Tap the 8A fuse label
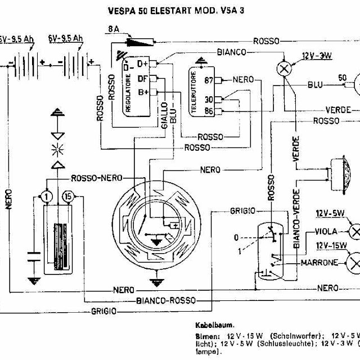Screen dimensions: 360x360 tap(112, 28)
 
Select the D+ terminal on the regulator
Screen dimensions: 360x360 tap(143, 64)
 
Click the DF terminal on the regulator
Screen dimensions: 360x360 tap(143, 79)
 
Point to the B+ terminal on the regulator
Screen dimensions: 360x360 tap(143, 93)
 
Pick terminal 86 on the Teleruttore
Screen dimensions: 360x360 tap(209, 111)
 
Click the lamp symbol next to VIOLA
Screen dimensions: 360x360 tap(354, 231)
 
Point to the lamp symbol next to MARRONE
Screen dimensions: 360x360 tap(354, 262)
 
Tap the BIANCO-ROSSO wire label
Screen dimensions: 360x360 tap(162, 300)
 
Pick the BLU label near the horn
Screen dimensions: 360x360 tap(315, 85)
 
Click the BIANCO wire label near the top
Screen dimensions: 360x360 tap(231, 52)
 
